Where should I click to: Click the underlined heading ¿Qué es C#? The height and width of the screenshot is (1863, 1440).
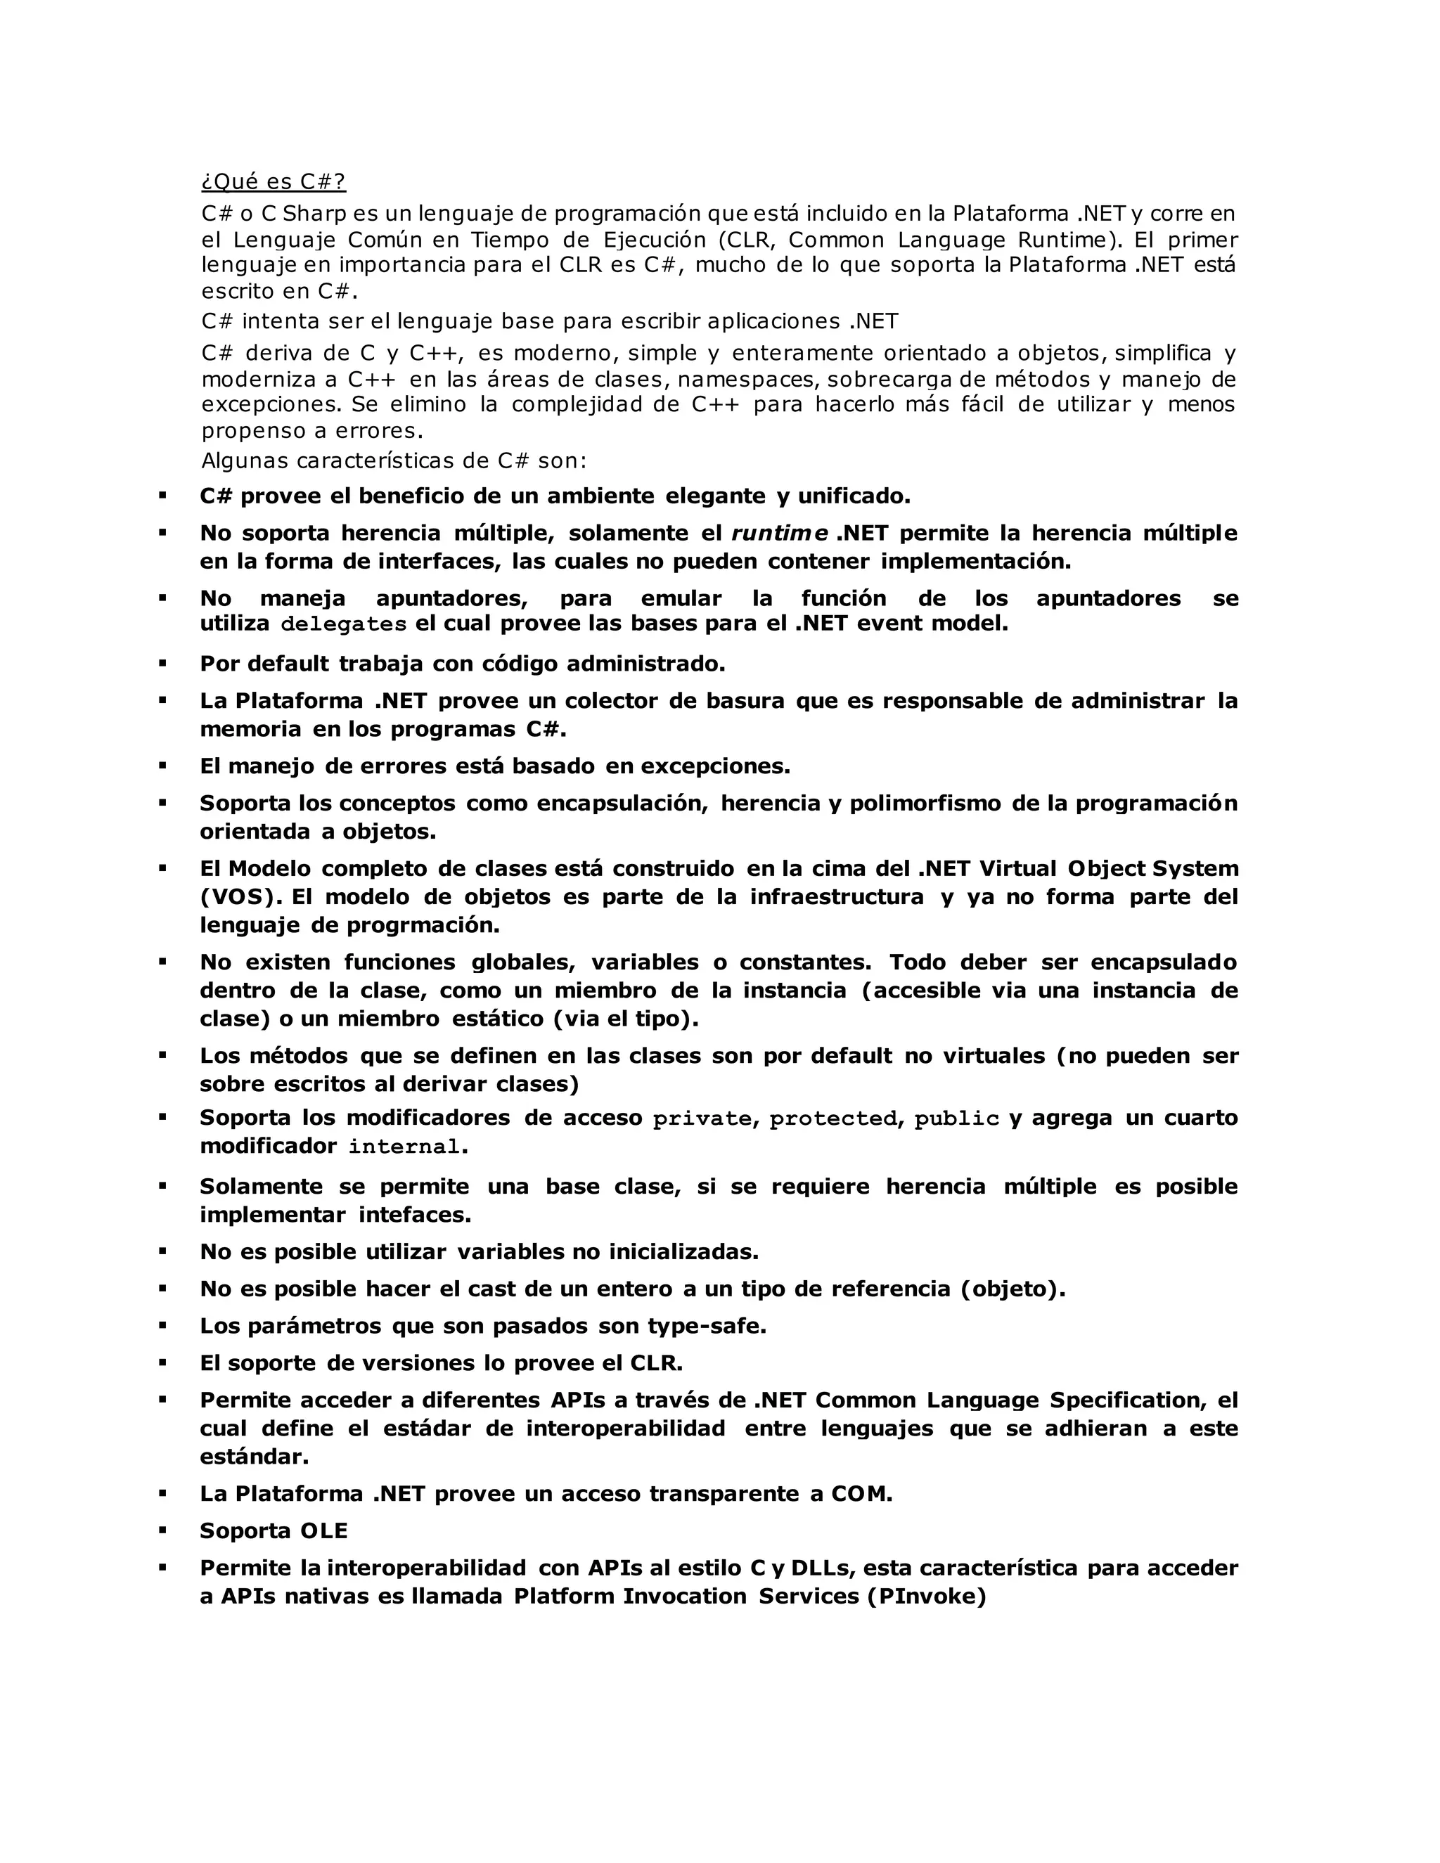[273, 181]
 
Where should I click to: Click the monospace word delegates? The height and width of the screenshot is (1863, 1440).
[343, 624]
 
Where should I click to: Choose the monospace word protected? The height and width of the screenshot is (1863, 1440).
[833, 1119]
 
